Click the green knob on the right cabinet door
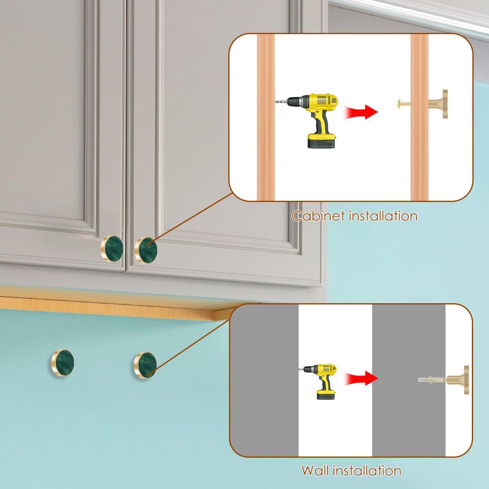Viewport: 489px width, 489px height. point(145,250)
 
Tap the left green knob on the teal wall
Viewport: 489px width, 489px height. point(62,362)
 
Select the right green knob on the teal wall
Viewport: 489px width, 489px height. point(145,365)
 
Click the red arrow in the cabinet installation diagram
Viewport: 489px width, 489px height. point(361,112)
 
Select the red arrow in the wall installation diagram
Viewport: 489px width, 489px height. point(361,378)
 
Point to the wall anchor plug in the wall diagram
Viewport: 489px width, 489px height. point(432,380)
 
